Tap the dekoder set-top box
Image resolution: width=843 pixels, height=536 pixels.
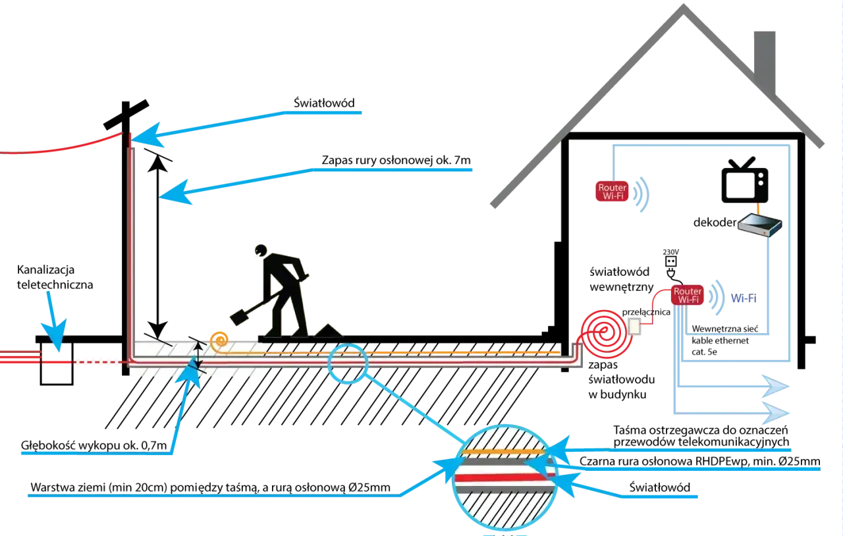point(759,225)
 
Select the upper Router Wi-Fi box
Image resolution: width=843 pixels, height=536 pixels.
point(612,192)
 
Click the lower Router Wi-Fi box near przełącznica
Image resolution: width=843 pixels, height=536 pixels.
point(688,295)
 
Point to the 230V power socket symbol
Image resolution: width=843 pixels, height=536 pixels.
point(671,261)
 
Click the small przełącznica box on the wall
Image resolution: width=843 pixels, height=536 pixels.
point(634,327)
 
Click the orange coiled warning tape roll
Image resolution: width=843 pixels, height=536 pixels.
point(219,341)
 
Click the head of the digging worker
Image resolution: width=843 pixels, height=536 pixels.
point(261,250)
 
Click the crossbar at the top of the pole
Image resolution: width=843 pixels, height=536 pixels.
point(126,115)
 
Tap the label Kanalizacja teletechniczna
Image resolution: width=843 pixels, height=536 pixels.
point(55,277)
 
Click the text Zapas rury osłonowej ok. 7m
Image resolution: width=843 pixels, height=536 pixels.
point(396,160)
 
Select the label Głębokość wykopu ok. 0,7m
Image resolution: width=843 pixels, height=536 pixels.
point(94,445)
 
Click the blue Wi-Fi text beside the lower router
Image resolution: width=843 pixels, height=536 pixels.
point(744,298)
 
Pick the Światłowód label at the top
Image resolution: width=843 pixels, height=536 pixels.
point(324,103)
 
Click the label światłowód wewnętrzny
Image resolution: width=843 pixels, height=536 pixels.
point(622,279)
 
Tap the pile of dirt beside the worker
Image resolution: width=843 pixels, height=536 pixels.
point(328,331)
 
